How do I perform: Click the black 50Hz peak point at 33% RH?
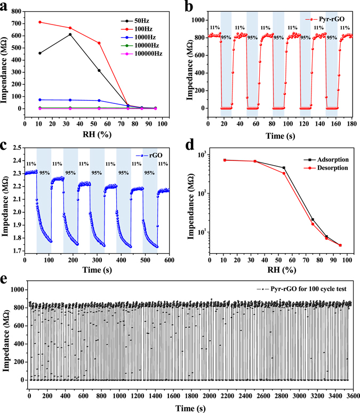click(x=69, y=34)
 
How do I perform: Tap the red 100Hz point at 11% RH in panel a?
click(x=40, y=22)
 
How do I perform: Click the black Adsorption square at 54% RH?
click(x=284, y=168)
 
